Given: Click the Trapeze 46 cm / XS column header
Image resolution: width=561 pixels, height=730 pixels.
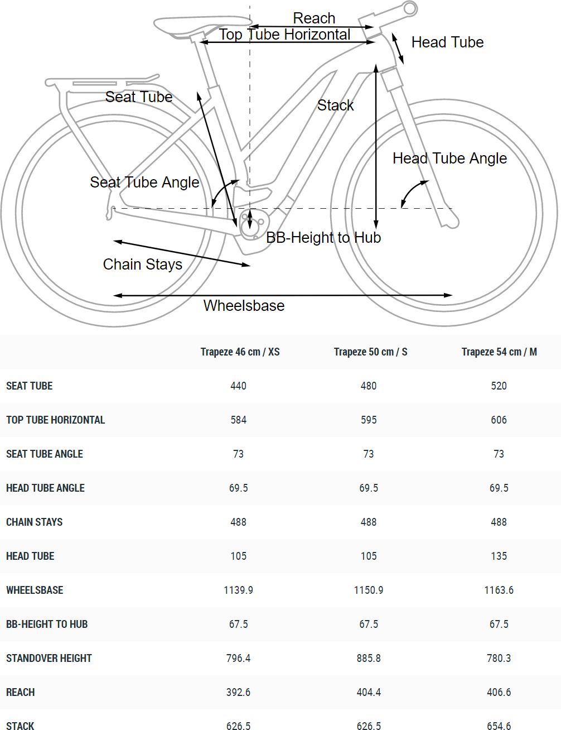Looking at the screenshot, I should (x=240, y=352).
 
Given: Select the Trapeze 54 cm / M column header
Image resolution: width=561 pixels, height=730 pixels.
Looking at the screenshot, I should (x=499, y=352).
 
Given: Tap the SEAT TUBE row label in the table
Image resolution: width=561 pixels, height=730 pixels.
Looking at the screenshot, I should (x=29, y=386).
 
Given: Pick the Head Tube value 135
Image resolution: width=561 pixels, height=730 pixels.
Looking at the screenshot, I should (x=499, y=556).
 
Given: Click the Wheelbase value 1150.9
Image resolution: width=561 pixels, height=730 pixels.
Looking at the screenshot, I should (x=368, y=590).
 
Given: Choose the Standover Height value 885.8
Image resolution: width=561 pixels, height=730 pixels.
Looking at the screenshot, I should (x=368, y=658).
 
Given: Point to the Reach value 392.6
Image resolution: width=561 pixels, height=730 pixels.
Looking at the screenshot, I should (x=238, y=692).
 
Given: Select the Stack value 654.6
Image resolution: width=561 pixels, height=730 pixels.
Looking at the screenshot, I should (x=499, y=726).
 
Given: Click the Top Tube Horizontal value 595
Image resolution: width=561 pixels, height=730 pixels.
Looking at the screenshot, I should (x=368, y=420).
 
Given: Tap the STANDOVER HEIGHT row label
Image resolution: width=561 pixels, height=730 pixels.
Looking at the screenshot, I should (x=49, y=658).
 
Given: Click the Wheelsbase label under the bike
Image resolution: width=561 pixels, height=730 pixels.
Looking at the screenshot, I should (x=244, y=305).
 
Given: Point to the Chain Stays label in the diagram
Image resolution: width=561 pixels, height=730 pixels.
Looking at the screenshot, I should (x=142, y=264).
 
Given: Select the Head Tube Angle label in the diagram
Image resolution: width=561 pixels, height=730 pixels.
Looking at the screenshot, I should (x=449, y=158).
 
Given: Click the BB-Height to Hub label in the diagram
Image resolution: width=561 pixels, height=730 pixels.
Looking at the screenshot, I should (x=323, y=238).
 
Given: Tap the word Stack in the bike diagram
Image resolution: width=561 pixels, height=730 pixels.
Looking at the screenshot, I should (x=335, y=105).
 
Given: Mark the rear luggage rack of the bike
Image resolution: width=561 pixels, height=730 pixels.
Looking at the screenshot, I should (x=100, y=84).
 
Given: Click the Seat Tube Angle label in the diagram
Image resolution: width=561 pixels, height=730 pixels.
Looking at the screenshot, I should (x=144, y=182).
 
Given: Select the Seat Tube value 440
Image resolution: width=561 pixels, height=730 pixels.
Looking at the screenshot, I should (x=238, y=386).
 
